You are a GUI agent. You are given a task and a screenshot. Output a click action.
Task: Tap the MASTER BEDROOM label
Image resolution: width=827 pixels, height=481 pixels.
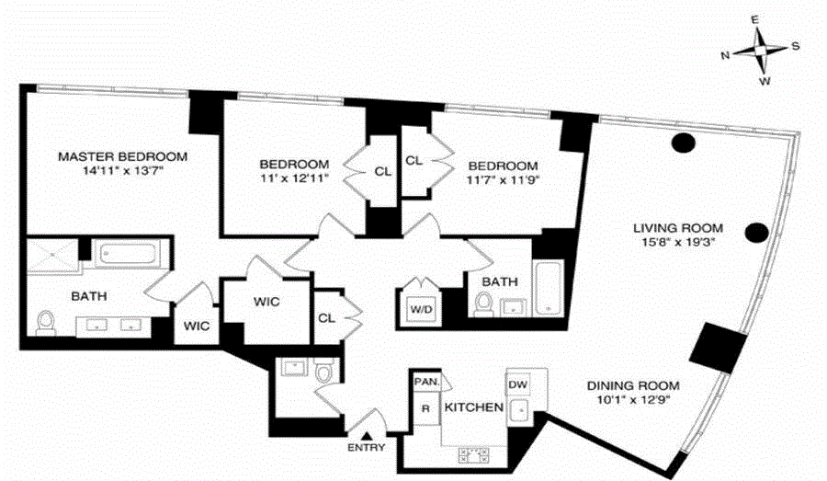(122, 156)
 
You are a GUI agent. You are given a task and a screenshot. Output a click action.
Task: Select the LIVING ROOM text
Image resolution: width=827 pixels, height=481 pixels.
(677, 228)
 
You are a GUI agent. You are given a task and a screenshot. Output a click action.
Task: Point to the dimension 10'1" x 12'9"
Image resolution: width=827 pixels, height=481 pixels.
(634, 401)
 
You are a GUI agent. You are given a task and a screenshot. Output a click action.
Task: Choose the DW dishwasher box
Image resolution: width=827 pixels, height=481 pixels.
(517, 384)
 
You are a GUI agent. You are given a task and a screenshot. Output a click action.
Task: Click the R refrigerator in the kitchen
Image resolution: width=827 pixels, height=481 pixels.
(425, 407)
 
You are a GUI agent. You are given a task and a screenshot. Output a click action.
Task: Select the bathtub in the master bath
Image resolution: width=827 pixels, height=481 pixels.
(130, 255)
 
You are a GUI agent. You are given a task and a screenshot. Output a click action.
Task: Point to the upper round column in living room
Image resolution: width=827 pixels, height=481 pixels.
(683, 143)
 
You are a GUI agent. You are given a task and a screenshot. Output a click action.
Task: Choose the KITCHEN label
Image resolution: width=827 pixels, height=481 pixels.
(473, 407)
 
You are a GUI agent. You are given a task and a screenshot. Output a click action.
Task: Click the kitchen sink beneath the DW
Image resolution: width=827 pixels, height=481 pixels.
(521, 408)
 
